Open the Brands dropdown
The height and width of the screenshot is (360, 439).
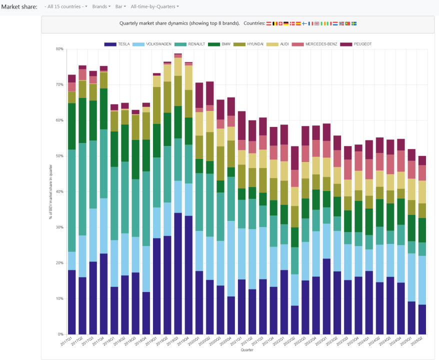click(x=101, y=6)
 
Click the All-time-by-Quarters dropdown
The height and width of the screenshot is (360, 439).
click(x=154, y=6)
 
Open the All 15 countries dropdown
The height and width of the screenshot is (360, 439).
click(x=65, y=6)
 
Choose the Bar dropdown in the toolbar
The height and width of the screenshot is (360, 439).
click(x=121, y=6)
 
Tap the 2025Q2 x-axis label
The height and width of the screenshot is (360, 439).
click(x=417, y=341)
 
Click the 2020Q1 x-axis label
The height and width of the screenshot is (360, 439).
click(x=196, y=341)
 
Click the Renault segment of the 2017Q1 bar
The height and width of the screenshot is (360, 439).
click(x=72, y=200)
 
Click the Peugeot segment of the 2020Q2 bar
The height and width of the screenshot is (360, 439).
click(x=210, y=93)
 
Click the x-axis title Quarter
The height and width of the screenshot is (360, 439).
click(x=246, y=350)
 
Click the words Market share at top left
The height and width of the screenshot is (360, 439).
click(x=19, y=6)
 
